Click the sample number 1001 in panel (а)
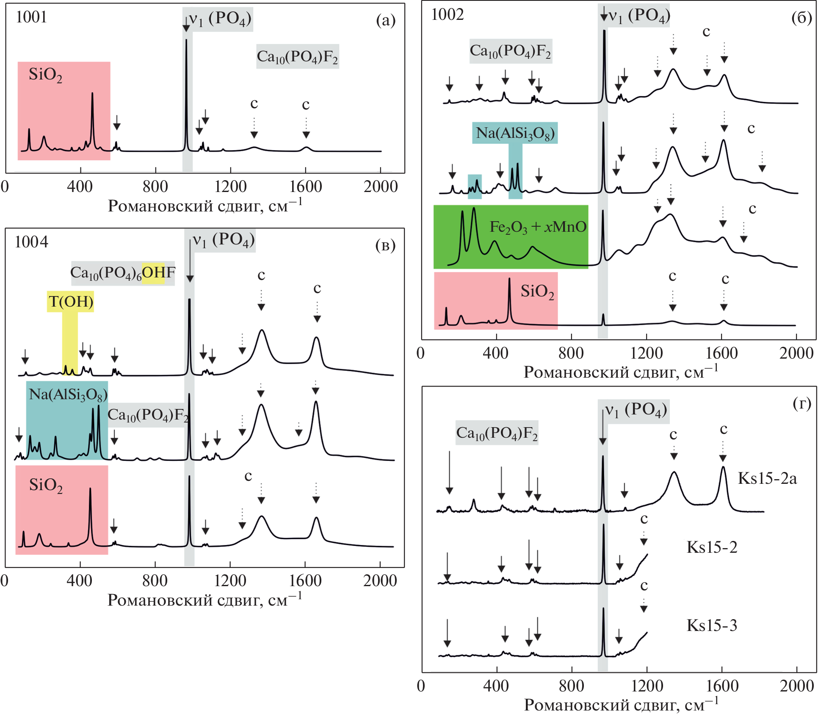pos(31,17)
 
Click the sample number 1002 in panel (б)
pos(447,15)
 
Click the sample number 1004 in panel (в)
pos(31,242)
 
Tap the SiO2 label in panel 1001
pos(45,75)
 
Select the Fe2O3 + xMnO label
pos(538,227)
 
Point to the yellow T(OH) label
pos(71,302)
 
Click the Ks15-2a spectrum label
pos(767,478)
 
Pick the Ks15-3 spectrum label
pos(712,625)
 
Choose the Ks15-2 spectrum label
pos(712,547)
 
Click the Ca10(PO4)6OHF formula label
pos(123,273)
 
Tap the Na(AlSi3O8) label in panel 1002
pos(515,133)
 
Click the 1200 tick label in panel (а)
pos(230,187)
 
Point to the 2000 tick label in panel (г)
pos(796,686)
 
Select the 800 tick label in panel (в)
pos(155,581)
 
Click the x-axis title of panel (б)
pos(621,372)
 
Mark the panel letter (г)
pos(801,404)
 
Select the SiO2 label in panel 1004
pos(46,485)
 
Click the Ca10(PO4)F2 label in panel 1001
pos(297,57)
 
